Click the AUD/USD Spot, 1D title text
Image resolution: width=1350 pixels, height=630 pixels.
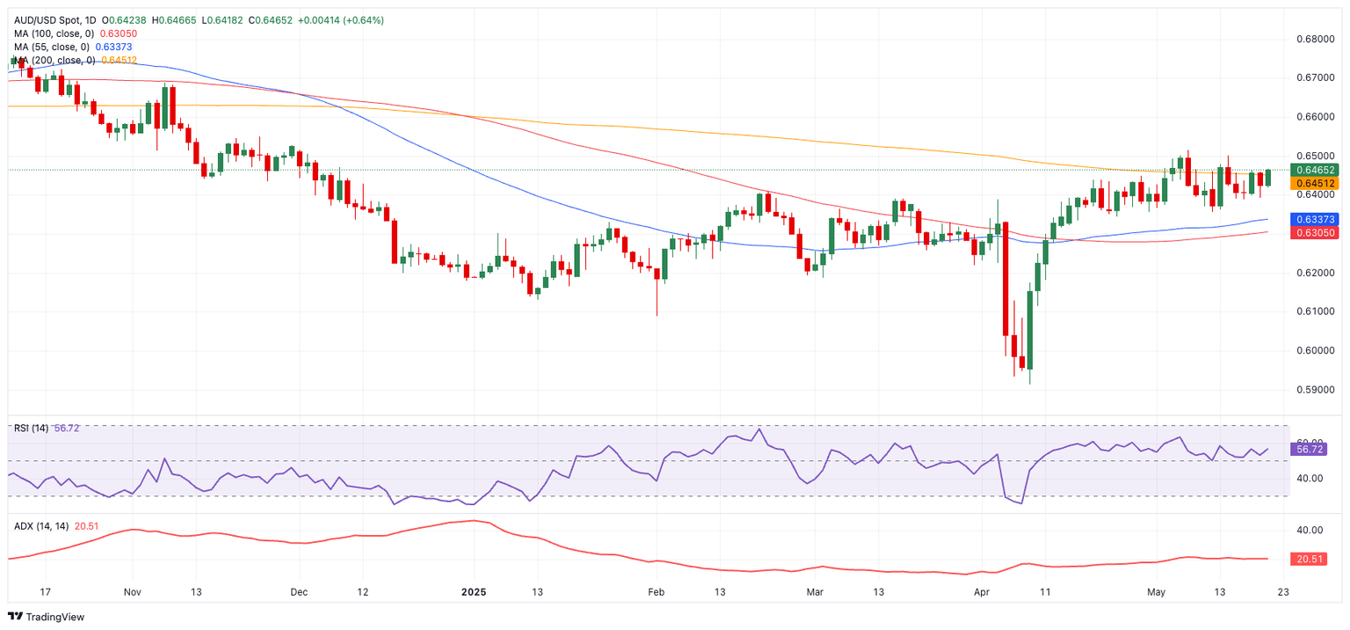[55, 20]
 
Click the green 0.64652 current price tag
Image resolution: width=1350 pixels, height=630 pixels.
[1313, 170]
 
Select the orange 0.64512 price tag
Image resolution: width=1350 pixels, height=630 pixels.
[1313, 183]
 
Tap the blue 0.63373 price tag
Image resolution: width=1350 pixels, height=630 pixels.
[1313, 219]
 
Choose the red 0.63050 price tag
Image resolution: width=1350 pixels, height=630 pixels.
[1313, 232]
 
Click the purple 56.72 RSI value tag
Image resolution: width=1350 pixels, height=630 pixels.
[1310, 449]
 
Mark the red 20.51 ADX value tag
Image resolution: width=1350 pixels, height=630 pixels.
[1310, 559]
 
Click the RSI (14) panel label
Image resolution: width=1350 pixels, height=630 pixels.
[31, 429]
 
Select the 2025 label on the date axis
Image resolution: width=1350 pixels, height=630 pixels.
[474, 592]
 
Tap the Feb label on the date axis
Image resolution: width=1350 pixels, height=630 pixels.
[657, 592]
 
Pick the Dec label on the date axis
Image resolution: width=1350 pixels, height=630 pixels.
[298, 592]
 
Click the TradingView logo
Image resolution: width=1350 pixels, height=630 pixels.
[47, 617]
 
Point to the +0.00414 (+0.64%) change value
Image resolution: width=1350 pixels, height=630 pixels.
[339, 20]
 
